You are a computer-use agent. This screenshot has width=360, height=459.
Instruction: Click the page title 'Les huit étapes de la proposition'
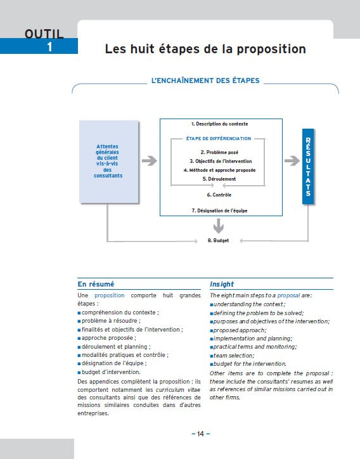pos(205,49)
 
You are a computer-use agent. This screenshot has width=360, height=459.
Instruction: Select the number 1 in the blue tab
pos(50,46)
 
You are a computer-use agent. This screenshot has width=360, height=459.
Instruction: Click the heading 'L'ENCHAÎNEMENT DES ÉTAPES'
pos(205,81)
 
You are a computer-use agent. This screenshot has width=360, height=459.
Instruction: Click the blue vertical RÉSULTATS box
pos(308,167)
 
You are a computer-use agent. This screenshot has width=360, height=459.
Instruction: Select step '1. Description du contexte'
pos(219,124)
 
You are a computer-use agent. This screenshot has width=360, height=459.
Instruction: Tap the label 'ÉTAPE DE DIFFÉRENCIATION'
pos(219,138)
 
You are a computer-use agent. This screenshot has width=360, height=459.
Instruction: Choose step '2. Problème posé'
pos(219,152)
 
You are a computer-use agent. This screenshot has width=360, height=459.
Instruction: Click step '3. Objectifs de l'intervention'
pos(219,161)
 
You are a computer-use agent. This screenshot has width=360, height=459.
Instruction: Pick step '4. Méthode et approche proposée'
pos(219,170)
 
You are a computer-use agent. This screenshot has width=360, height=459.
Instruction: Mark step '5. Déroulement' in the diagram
pos(219,179)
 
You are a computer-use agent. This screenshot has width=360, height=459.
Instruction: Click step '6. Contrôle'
pos(219,195)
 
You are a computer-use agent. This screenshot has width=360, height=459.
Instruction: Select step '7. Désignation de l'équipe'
pos(219,210)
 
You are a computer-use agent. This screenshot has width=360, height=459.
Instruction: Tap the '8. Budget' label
pos(219,241)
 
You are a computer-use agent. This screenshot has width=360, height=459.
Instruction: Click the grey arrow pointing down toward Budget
pos(219,225)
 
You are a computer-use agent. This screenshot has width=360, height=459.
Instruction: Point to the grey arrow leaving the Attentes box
pos(149,161)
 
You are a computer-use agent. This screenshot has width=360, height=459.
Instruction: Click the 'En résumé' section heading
pos(96,284)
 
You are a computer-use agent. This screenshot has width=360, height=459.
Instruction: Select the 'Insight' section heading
pos(222,284)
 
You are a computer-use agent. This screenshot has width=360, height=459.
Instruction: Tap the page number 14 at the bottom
pos(200,434)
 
